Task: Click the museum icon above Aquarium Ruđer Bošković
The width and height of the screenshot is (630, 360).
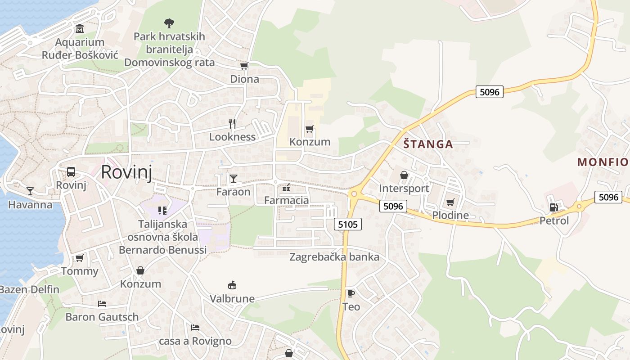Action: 80,29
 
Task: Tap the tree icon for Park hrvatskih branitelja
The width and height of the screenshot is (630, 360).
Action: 169,22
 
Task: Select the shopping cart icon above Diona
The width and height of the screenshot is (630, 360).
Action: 244,66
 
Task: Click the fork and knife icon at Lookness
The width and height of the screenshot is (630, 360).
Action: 232,123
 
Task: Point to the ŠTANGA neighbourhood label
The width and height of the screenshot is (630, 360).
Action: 428,144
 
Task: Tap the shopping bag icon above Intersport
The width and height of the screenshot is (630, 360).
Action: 404,175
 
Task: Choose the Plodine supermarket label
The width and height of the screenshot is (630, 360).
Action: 450,215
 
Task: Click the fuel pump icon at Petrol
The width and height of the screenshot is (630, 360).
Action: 553,207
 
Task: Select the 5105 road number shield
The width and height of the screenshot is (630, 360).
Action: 348,224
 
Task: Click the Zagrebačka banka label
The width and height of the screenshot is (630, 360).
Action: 334,257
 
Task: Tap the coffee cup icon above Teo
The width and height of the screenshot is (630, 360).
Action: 351,293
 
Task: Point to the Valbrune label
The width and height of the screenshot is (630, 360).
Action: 232,298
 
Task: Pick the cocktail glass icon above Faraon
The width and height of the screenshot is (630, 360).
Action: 233,179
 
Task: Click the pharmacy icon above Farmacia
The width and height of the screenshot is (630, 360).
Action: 286,188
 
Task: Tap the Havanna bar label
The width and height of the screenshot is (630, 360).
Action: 30,205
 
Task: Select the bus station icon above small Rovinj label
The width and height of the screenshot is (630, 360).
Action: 71,171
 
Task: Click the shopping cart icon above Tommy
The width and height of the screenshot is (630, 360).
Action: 80,258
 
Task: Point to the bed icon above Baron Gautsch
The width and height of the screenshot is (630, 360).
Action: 102,304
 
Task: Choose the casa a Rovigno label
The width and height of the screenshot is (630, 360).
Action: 195,341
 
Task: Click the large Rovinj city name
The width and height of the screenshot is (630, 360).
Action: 126,172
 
